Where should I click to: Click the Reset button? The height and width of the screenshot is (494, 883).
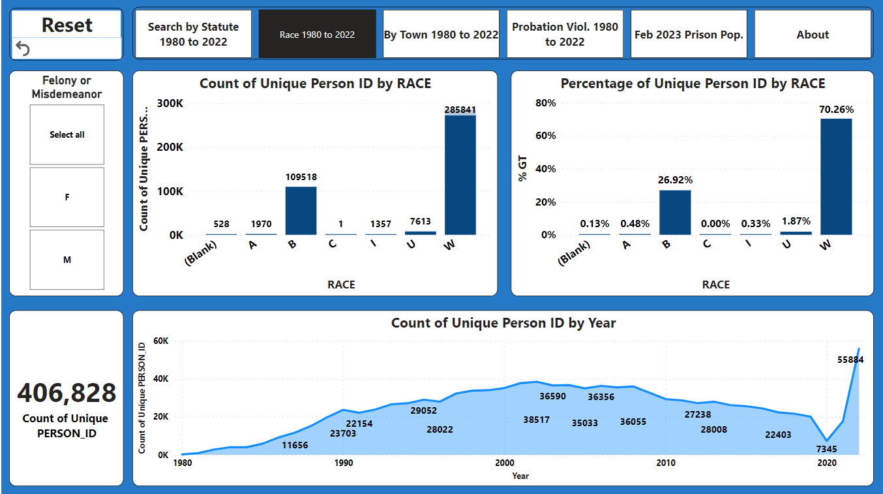67,25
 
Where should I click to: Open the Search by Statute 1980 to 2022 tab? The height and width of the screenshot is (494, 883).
193,35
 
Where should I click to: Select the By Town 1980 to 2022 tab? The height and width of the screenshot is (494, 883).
441,35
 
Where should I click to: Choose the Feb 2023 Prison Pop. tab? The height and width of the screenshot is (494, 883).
689,35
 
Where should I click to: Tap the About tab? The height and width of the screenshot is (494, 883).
813,35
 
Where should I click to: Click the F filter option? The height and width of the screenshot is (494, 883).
67,197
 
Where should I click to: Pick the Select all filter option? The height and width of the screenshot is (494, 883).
67,134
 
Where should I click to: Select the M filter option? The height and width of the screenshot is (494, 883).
67,260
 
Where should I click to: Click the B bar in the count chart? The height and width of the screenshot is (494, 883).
301,210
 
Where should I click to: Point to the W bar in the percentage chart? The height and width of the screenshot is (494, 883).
836,176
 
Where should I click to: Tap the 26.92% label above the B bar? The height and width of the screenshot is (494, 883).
676,179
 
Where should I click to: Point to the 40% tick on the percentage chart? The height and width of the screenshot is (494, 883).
545,169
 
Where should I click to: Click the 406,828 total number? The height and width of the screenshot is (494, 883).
67,393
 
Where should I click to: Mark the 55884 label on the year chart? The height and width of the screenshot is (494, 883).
850,360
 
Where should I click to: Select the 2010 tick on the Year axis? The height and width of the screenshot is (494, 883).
665,463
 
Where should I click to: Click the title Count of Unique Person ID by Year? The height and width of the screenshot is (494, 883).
503,322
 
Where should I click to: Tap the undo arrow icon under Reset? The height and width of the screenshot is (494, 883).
23,48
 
